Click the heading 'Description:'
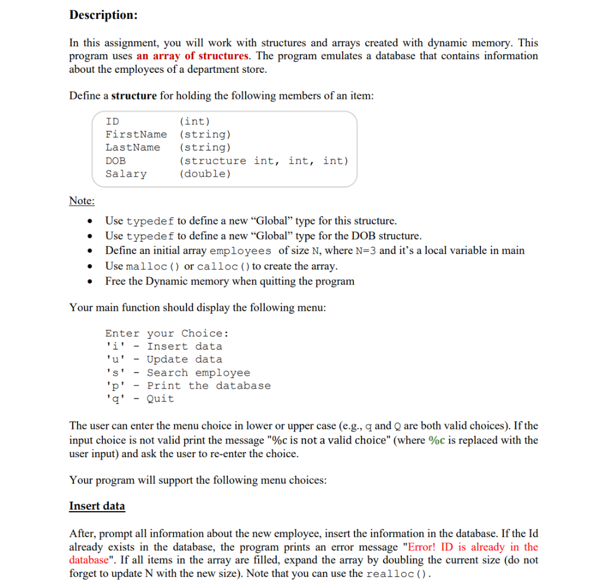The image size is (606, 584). [103, 15]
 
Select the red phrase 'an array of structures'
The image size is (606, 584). [193, 56]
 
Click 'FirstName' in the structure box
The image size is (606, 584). [136, 134]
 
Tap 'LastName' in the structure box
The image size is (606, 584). [133, 147]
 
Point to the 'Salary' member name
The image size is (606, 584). [125, 174]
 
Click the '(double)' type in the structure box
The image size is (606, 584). [205, 174]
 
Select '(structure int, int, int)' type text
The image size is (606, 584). [264, 161]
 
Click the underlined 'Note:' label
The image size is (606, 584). [82, 201]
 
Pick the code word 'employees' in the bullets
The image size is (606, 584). [241, 251]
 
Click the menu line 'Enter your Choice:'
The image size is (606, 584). [167, 333]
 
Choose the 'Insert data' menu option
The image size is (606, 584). [185, 346]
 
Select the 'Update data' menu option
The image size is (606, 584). [185, 360]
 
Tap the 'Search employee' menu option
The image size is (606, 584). [198, 373]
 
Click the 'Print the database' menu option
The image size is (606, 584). [209, 386]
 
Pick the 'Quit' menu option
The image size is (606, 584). [160, 399]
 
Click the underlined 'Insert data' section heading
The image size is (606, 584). [97, 506]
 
